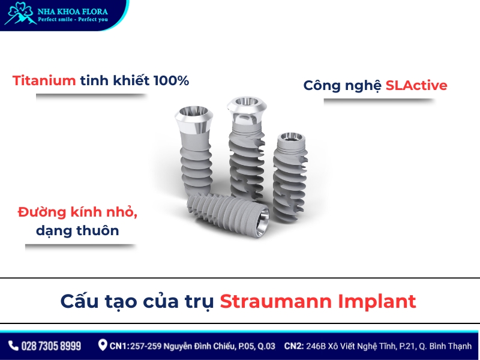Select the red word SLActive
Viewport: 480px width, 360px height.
coord(416,85)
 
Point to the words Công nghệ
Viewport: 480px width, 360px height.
coord(343,85)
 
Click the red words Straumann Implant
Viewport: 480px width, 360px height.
coord(317,301)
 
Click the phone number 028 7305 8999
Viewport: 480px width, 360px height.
coord(51,346)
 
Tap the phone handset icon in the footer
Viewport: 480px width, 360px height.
coord(13,346)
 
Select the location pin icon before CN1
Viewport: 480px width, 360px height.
coord(103,345)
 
